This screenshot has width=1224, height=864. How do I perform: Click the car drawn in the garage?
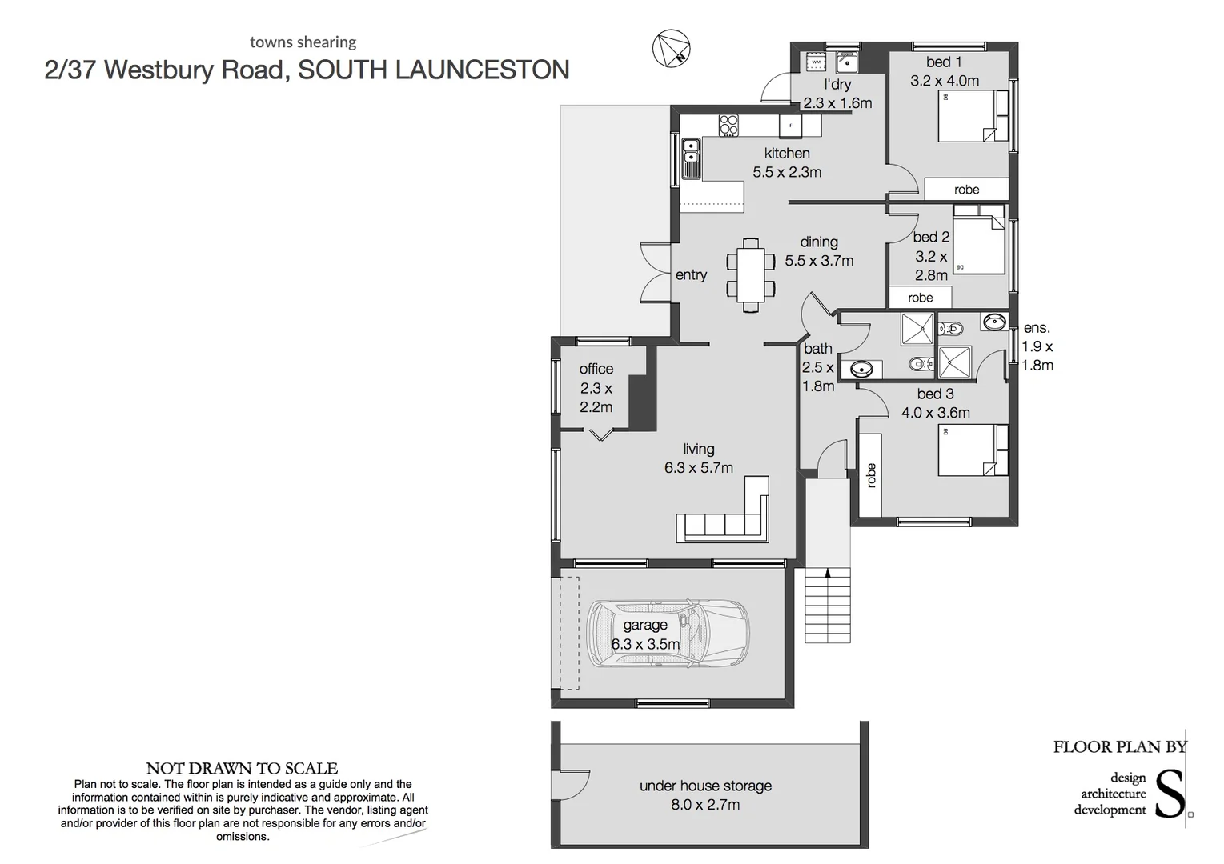pyautogui.click(x=668, y=633)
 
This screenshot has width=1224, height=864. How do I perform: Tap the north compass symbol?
pyautogui.click(x=672, y=49)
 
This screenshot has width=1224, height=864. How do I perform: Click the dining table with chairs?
pyautogui.click(x=751, y=274)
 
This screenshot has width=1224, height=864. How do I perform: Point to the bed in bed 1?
pyautogui.click(x=973, y=116)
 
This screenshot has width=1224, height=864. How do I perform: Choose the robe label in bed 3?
pyautogui.click(x=871, y=475)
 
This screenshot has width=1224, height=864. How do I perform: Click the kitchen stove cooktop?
pyautogui.click(x=728, y=126)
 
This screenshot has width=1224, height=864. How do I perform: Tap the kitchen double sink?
pyautogui.click(x=691, y=158)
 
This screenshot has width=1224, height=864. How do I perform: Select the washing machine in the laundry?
pyautogui.click(x=816, y=62)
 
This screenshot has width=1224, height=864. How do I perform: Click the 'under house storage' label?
pyautogui.click(x=705, y=786)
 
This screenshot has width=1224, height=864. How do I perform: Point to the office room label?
pyautogui.click(x=596, y=369)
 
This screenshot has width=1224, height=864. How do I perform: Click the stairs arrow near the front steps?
pyautogui.click(x=828, y=574)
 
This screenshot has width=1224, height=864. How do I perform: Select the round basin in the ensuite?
pyautogui.click(x=994, y=322)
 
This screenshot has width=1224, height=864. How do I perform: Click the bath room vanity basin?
pyautogui.click(x=861, y=369)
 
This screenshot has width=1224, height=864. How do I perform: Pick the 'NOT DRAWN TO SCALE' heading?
pyautogui.click(x=242, y=768)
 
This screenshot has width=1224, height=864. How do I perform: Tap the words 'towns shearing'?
pyautogui.click(x=303, y=42)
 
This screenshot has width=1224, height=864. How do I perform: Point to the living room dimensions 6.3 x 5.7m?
pyautogui.click(x=698, y=468)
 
